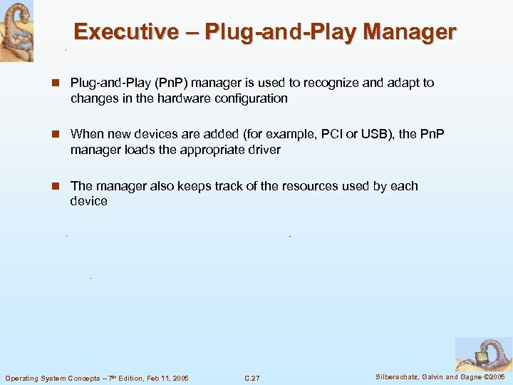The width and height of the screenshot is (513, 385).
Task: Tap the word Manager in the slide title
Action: (409, 32)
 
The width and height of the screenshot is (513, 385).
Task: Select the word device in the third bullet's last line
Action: (88, 201)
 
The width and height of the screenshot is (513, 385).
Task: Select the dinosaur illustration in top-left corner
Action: (16, 31)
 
